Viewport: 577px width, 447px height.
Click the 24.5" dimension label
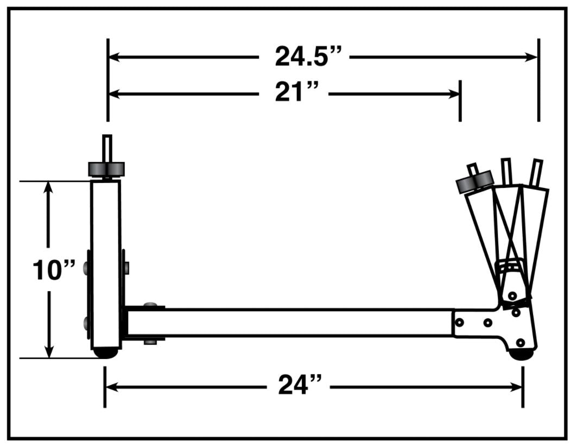click(x=308, y=56)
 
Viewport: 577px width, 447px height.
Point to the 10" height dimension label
click(x=53, y=270)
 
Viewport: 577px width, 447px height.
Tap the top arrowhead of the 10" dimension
click(x=49, y=188)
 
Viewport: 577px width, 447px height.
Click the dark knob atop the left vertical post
click(x=106, y=169)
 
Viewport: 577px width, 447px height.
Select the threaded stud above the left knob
click(x=107, y=148)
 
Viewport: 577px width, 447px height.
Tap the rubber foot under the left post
click(x=106, y=353)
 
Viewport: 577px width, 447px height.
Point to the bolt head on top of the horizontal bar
click(x=151, y=305)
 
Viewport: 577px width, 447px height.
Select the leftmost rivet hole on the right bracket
click(x=460, y=323)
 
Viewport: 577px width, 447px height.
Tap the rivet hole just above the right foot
click(x=521, y=342)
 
